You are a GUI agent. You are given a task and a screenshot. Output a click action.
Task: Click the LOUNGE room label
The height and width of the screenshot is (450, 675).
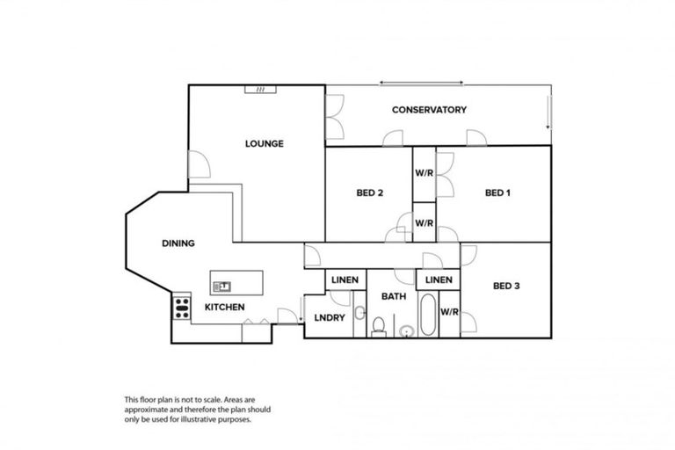[264, 143]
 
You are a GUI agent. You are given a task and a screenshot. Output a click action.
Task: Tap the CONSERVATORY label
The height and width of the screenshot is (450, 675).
[429, 110]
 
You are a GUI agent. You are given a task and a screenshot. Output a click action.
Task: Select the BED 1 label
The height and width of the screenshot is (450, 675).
[497, 193]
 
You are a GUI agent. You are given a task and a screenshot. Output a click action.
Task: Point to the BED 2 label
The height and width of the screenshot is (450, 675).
[369, 193]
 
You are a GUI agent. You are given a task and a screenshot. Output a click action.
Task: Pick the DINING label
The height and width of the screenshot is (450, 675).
[178, 243]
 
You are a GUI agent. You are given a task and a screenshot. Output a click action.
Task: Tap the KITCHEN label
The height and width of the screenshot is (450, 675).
[224, 307]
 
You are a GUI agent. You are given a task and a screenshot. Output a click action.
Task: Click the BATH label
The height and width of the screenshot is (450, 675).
[393, 297]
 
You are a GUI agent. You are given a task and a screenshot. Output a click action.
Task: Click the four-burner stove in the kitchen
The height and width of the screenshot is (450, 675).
[183, 308]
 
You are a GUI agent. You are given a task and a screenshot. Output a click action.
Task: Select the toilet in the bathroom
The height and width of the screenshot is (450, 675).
[378, 328]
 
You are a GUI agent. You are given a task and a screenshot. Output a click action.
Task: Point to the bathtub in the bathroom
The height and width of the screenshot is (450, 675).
[427, 317]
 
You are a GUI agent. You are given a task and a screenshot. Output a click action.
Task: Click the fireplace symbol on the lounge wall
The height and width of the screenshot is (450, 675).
[261, 89]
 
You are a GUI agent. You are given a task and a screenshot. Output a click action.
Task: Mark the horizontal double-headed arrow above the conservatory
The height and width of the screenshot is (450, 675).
[421, 83]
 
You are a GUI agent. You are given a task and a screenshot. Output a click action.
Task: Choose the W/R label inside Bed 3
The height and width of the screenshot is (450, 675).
[449, 311]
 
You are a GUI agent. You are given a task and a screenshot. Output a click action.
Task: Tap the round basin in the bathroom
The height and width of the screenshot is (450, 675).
[406, 331]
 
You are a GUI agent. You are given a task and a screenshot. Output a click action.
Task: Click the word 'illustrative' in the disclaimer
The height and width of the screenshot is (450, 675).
[221, 419]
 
